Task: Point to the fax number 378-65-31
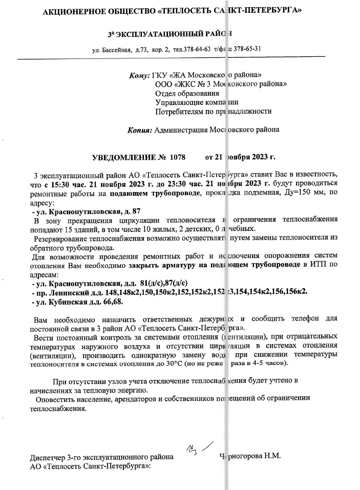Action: tap(247, 49)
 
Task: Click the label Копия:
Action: tap(139, 130)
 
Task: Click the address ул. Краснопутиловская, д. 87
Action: tap(86, 211)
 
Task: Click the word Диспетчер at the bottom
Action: tap(49, 457)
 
